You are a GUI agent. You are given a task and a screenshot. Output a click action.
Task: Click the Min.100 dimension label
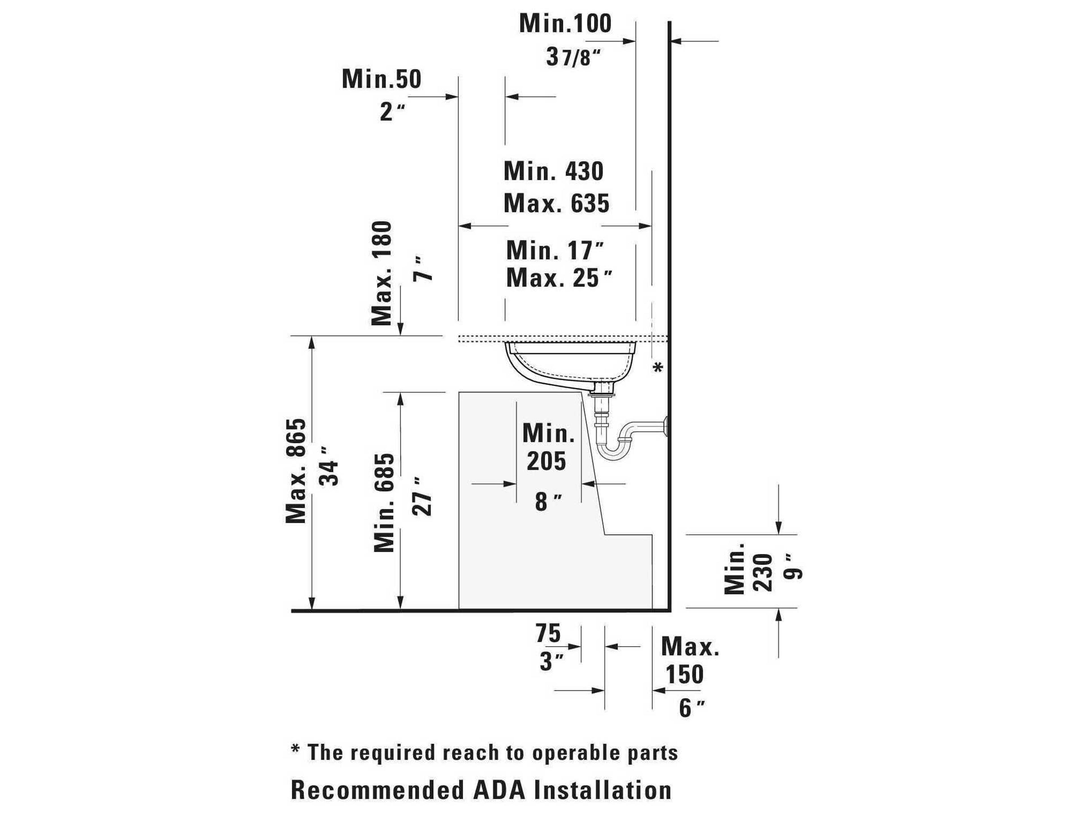pyautogui.click(x=565, y=23)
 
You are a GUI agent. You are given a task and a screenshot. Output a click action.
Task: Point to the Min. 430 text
pyautogui.click(x=553, y=171)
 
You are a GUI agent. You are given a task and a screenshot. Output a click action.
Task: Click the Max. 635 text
pyautogui.click(x=556, y=203)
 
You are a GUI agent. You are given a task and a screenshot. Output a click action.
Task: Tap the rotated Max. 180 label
pyautogui.click(x=382, y=273)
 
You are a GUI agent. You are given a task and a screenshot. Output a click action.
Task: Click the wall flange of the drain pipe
pyautogui.click(x=666, y=425)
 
